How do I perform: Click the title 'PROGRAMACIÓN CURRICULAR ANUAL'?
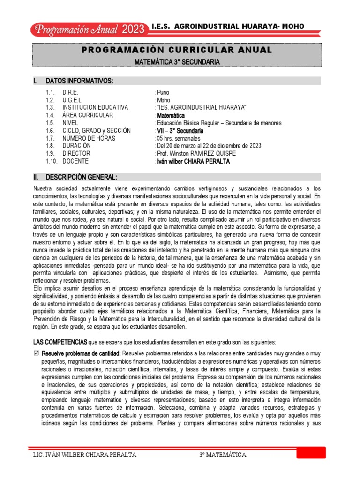(177, 50)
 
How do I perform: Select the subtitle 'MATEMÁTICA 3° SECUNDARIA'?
(177, 61)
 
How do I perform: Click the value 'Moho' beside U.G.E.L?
(163, 100)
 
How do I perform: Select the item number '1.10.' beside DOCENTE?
(52, 161)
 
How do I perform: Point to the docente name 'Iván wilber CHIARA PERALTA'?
(194, 161)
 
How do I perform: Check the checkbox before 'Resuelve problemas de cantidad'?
(36, 353)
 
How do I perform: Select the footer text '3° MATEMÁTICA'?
(223, 455)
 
